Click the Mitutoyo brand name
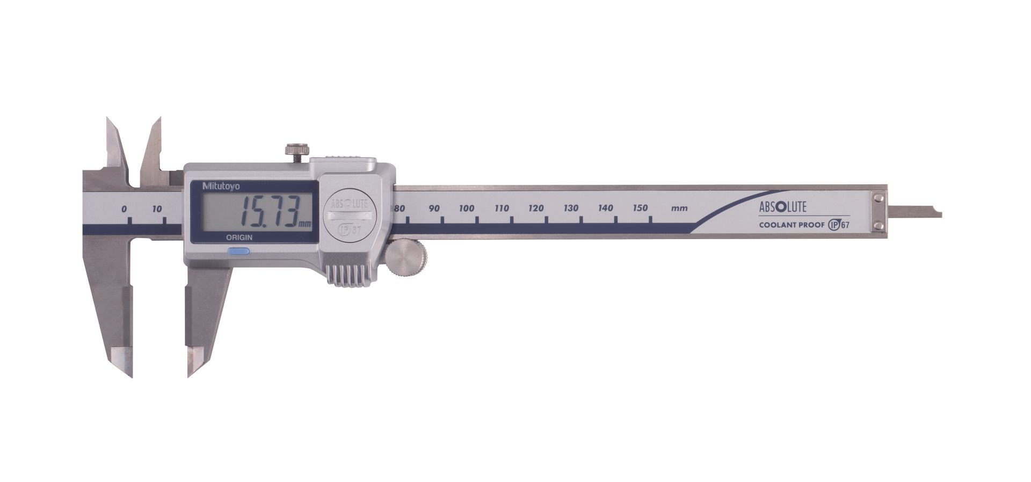221,186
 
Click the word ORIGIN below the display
239,237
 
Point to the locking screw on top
296,151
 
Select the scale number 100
467,208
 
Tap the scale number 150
640,207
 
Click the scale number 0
124,208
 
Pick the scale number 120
536,208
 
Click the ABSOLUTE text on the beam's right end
782,207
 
